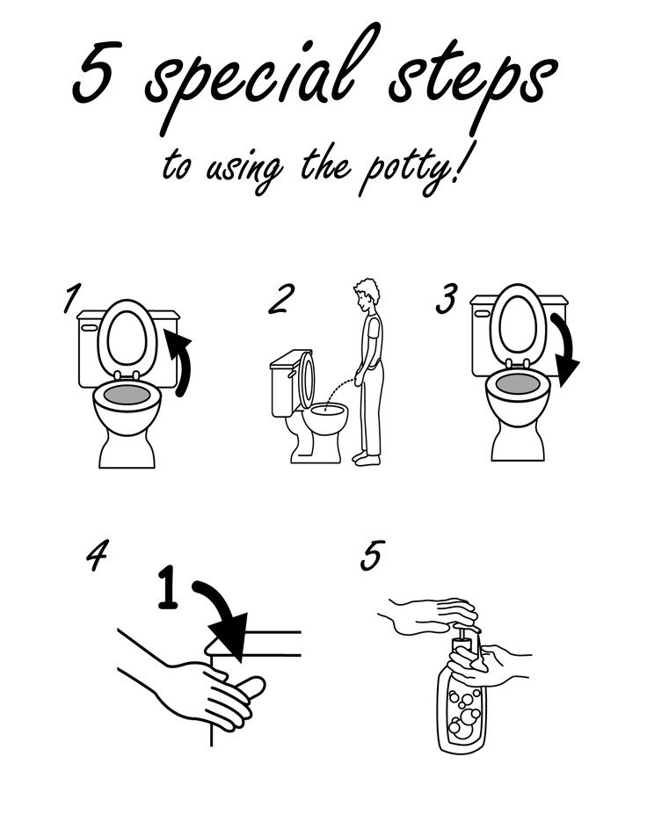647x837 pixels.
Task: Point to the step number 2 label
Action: coord(280,299)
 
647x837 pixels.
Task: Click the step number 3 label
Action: coord(447,299)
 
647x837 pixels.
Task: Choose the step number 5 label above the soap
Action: coord(373,556)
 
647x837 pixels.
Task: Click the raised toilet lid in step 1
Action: coord(127,338)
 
